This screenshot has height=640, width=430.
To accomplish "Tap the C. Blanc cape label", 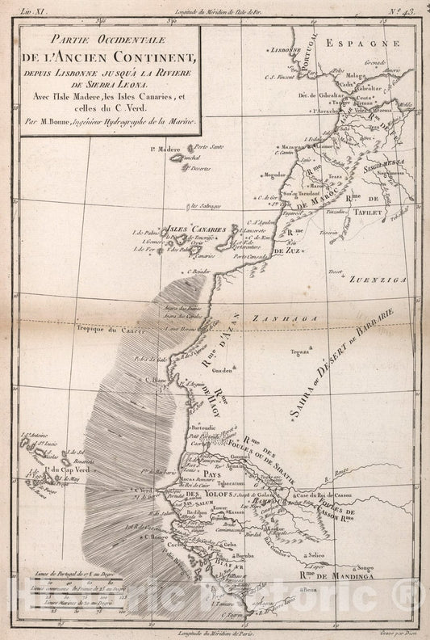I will [156, 378].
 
